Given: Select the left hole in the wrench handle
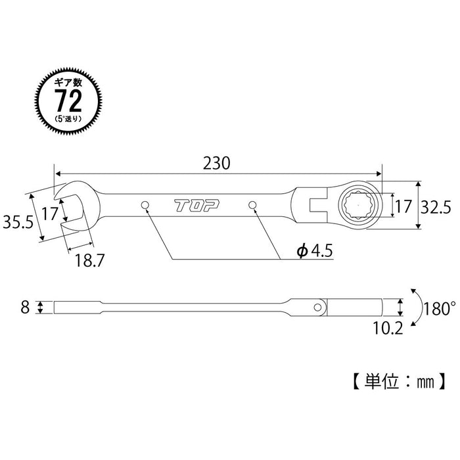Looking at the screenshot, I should tap(145, 207).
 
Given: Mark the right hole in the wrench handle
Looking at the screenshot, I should tap(253, 206).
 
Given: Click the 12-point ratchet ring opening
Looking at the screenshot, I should tap(358, 206).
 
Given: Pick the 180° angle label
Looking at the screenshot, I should tap(439, 307).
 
